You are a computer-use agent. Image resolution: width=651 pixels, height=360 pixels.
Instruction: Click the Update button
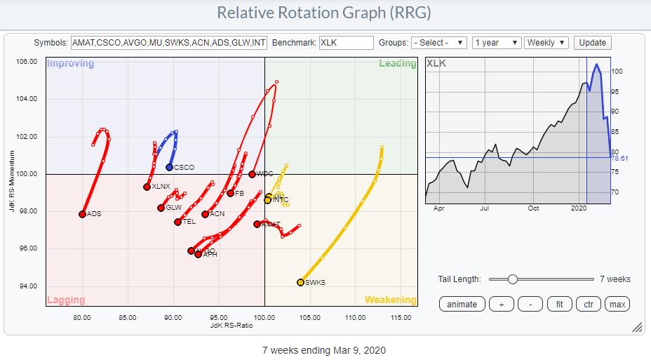[x=592, y=43]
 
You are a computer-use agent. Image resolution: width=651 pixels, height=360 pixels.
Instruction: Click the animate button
[x=462, y=304]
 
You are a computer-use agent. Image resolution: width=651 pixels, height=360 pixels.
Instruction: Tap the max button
[x=617, y=304]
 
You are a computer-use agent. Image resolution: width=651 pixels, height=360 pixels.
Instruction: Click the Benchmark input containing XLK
[x=346, y=43]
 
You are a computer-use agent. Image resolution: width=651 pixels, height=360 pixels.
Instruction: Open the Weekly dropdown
[x=546, y=43]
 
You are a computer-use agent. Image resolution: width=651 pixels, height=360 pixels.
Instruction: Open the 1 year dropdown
[x=496, y=43]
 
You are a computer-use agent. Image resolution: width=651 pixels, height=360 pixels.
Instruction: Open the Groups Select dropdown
[x=438, y=43]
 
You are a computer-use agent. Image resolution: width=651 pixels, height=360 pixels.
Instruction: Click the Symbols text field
[x=168, y=43]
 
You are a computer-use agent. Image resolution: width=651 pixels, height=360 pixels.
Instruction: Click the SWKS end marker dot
[x=300, y=282]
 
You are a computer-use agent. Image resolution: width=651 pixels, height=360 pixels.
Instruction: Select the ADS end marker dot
[x=82, y=214]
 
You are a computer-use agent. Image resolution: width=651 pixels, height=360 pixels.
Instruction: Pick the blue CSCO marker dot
[x=169, y=167]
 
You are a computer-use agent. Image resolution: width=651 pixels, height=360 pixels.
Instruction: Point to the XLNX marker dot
[x=147, y=187]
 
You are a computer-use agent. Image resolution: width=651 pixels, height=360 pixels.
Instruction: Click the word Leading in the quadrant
[x=398, y=64]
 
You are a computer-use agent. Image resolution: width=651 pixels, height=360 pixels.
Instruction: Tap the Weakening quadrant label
[x=390, y=300]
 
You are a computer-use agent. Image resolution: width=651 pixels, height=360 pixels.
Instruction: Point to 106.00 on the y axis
[x=27, y=62]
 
